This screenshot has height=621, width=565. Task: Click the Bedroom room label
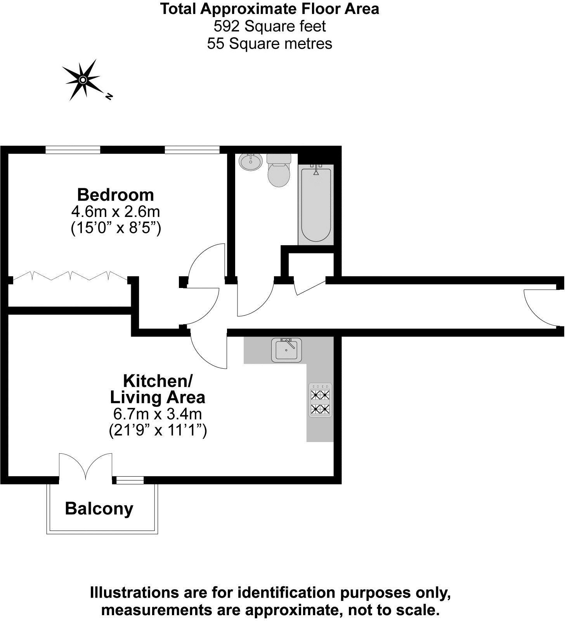(116, 194)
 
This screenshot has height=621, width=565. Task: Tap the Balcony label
(99, 508)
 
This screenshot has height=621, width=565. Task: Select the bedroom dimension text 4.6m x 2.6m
(116, 212)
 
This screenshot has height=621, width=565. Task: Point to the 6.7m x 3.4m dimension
(158, 414)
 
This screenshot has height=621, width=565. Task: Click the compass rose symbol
(82, 80)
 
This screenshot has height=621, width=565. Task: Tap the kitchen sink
(286, 349)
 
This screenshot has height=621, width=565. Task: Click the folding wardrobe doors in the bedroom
(70, 276)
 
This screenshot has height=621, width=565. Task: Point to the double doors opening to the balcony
(86, 466)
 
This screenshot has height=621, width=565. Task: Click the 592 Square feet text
(270, 26)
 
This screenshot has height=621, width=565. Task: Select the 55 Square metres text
(270, 43)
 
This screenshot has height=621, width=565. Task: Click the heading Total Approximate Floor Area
(270, 9)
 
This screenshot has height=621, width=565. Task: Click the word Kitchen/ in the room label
(158, 381)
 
